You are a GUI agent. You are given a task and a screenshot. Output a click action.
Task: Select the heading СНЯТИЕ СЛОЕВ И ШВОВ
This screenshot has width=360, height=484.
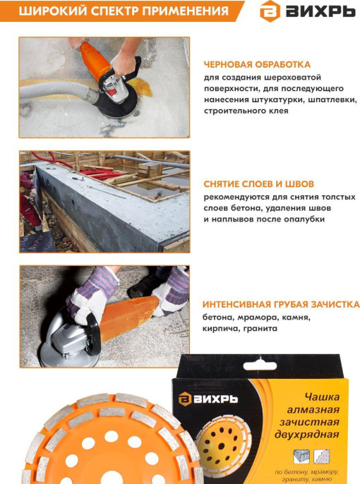(258, 183)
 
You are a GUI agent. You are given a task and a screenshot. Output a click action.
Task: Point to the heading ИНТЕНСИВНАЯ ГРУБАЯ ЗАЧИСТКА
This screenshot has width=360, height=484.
(281, 304)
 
